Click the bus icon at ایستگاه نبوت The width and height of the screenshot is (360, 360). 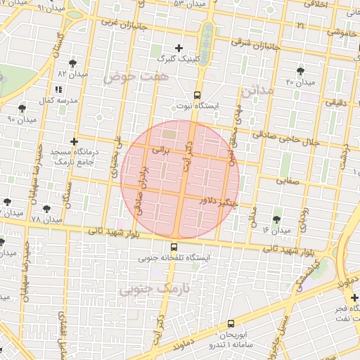click(197, 94)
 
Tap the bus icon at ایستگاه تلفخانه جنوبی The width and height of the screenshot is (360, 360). click(174, 247)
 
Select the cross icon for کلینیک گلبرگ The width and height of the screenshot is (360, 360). click(179, 48)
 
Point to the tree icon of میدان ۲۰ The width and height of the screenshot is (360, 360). click(301, 71)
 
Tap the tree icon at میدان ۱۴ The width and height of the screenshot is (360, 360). click(276, 219)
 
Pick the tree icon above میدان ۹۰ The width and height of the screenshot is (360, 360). click(22, 108)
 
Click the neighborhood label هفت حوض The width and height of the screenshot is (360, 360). click(136, 77)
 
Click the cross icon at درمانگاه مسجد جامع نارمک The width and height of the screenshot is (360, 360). click(74, 141)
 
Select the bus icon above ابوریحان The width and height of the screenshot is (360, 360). click(231, 326)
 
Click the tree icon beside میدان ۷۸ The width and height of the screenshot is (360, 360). click(47, 209)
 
